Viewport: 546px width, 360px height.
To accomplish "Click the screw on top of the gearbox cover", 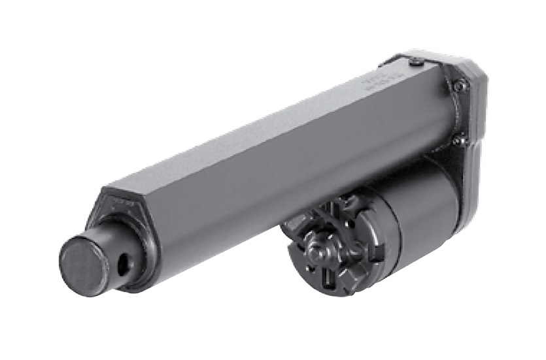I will click(417, 62).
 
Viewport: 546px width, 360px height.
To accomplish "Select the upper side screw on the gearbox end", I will click(460, 85).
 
